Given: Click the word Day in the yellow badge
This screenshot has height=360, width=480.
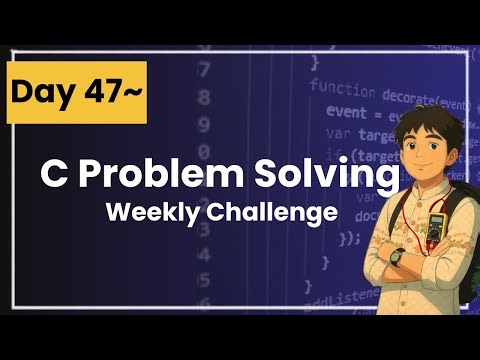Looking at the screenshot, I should tap(40, 93).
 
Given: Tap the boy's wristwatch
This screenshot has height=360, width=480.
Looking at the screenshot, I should tap(397, 257).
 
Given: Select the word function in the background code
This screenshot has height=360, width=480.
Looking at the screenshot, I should tap(342, 87).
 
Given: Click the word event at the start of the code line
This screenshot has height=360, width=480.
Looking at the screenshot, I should tap(346, 113).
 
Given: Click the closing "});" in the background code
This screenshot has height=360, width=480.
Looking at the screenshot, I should tap(349, 238).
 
